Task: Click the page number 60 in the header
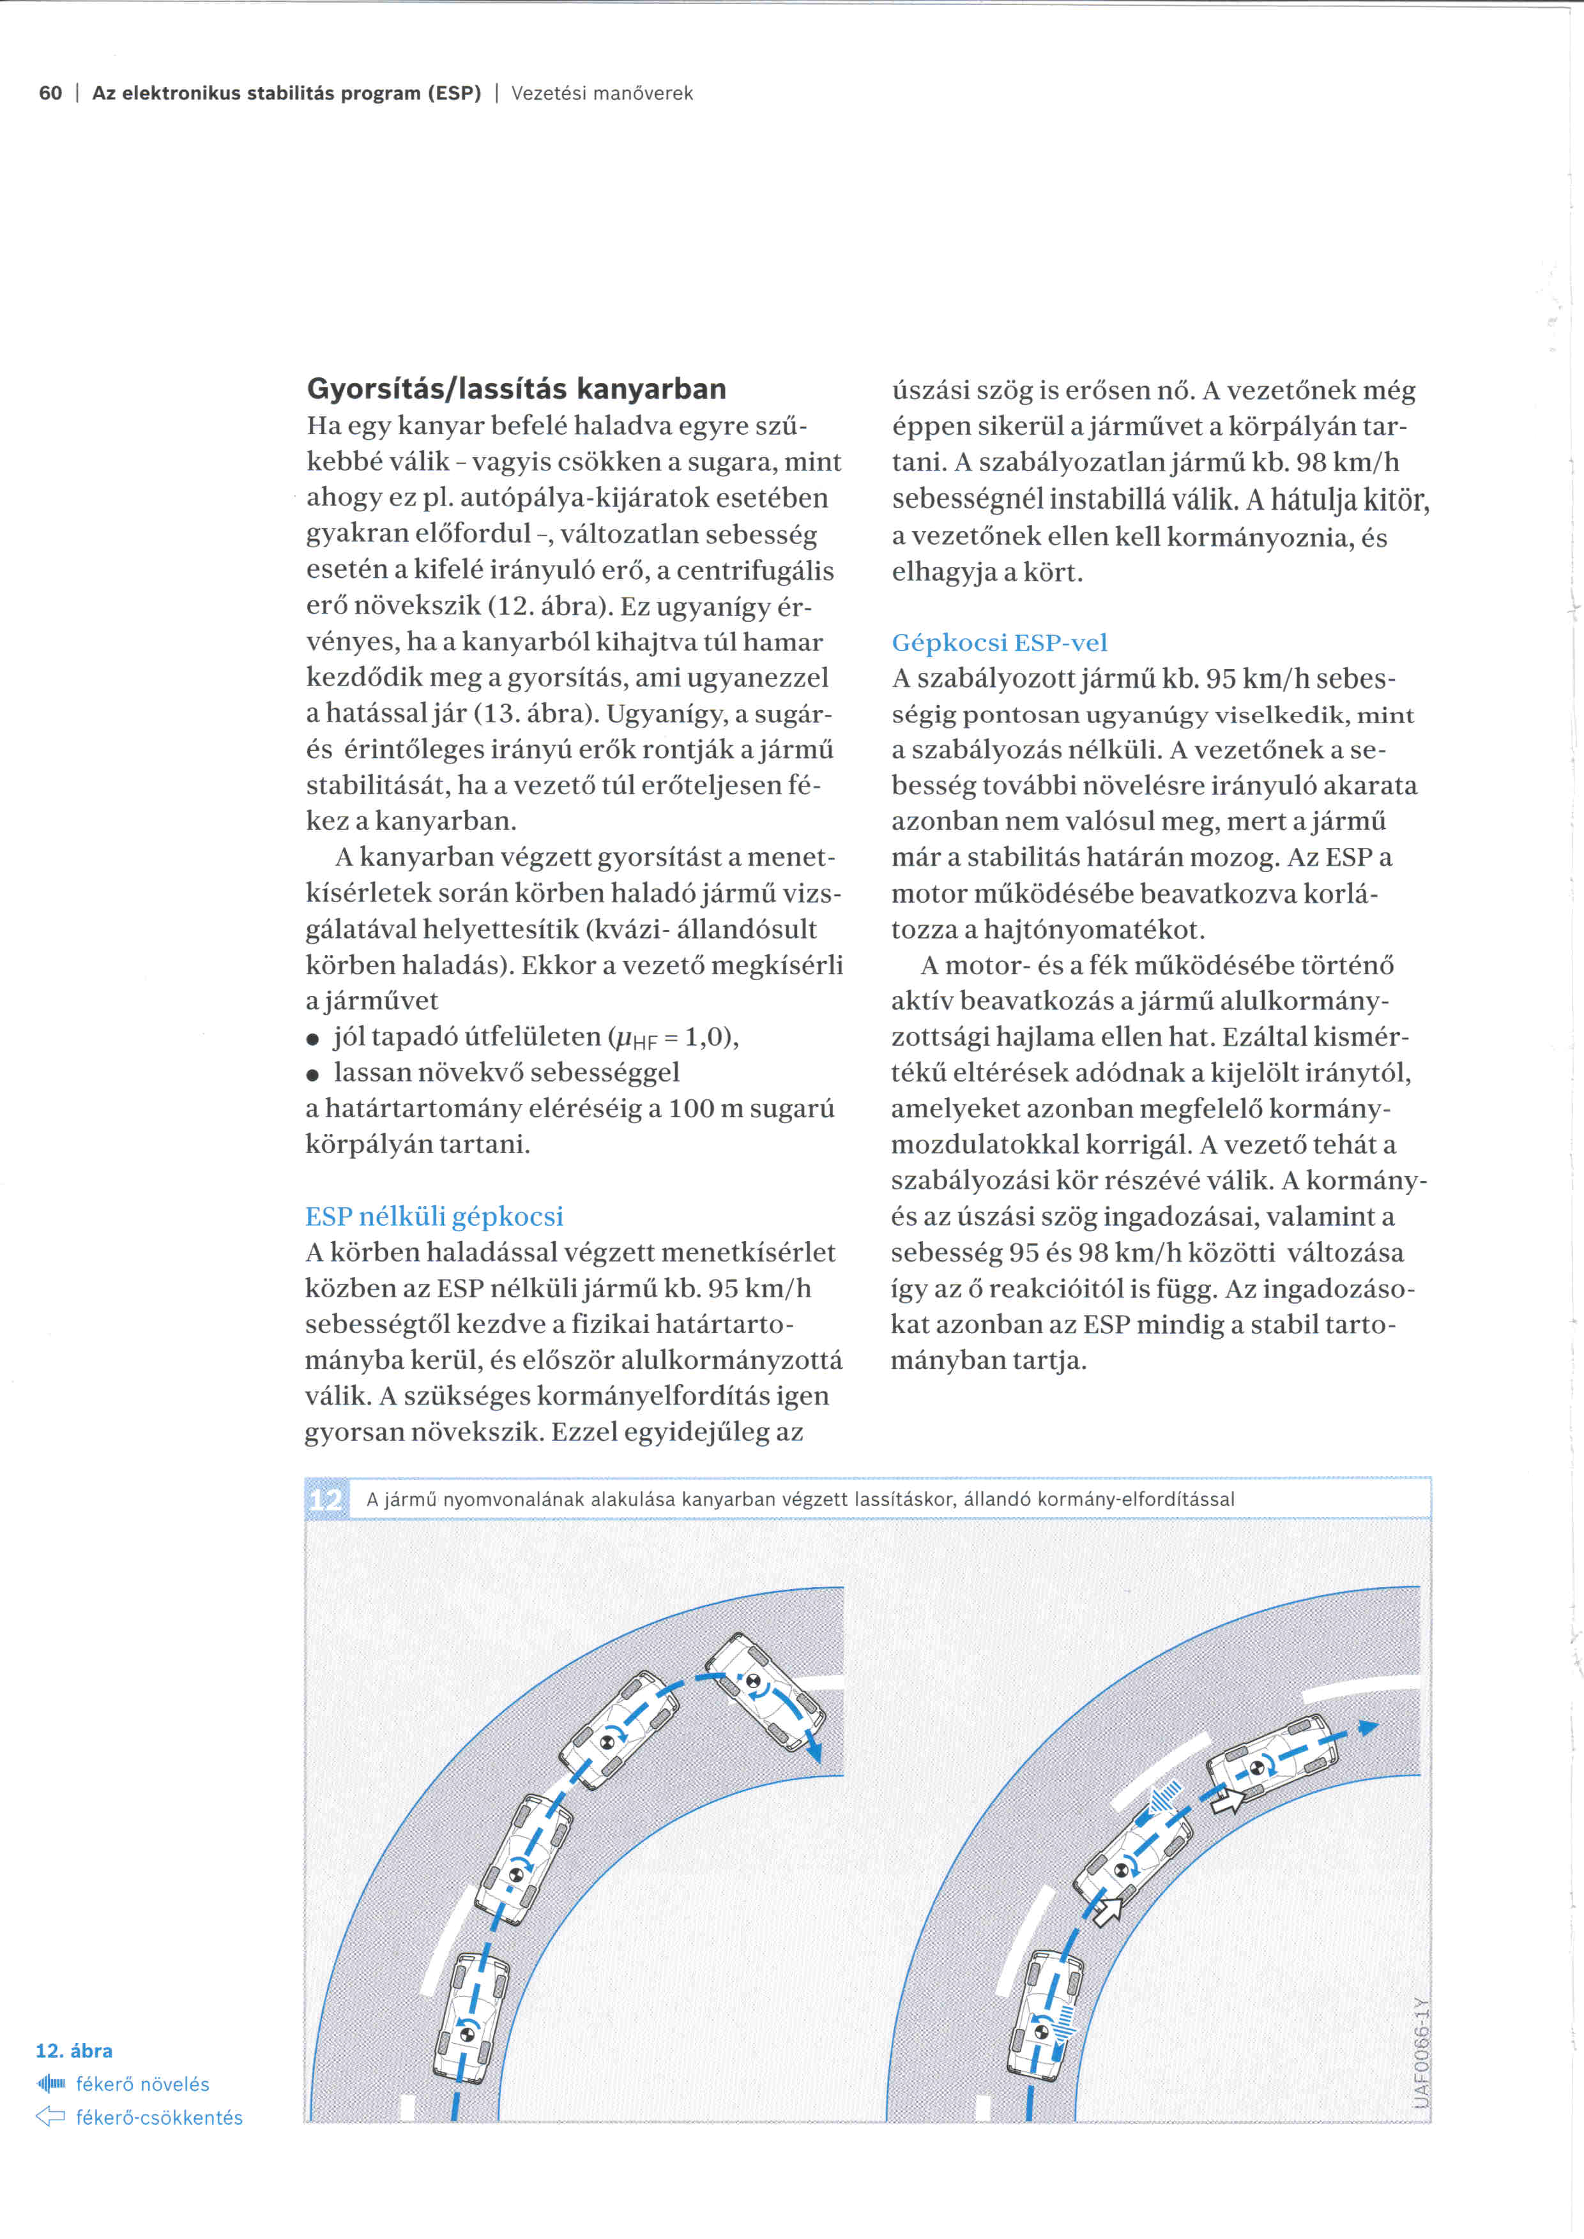click(50, 94)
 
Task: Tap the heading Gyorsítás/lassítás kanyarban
click(516, 389)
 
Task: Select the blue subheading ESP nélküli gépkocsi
click(434, 1216)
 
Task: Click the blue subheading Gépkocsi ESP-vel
click(999, 643)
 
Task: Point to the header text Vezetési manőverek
click(602, 94)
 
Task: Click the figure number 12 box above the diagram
click(326, 1499)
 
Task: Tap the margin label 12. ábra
click(74, 2051)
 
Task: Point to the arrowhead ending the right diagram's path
click(1369, 1727)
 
